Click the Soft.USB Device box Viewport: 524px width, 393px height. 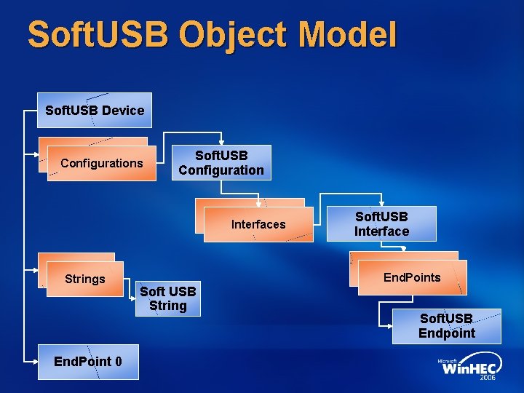point(95,111)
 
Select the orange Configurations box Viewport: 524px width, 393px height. point(101,163)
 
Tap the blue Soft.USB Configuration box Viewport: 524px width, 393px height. point(221,163)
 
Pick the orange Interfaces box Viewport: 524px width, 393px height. point(258,224)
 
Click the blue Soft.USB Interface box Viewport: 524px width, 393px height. point(381,224)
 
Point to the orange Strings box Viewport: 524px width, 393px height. point(84,279)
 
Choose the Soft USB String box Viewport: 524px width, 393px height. point(168,298)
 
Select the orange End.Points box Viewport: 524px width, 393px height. point(411,277)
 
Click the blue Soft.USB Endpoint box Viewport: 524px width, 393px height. point(446,327)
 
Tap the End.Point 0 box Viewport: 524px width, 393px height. point(87,362)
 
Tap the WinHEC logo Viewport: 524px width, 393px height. point(468,368)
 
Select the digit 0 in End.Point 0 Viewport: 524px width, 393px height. point(118,362)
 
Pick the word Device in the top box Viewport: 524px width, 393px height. point(123,111)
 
